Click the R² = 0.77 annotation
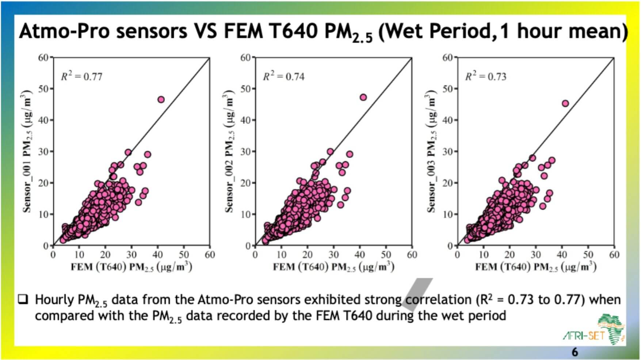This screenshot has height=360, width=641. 81,76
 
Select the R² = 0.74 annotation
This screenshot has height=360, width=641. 283,76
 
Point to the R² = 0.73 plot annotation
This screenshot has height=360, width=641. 485,76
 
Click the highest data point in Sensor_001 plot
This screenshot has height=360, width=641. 161,99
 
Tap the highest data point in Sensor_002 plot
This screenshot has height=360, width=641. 363,97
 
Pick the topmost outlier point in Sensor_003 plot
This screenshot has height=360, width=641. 565,103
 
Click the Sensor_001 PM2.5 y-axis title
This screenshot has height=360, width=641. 28,151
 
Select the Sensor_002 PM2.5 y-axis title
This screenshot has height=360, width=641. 230,151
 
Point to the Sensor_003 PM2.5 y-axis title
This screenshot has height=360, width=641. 432,151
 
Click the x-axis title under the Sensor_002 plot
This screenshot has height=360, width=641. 333,267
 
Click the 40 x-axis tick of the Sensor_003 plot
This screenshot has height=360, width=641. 562,255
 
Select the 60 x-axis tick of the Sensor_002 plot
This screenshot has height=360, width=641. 412,255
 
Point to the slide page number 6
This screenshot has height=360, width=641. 575,352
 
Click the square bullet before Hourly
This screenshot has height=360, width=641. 23,300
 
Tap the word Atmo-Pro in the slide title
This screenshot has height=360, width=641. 64,31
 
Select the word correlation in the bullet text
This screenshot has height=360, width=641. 438,300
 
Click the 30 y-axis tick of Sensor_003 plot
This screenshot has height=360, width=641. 448,151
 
